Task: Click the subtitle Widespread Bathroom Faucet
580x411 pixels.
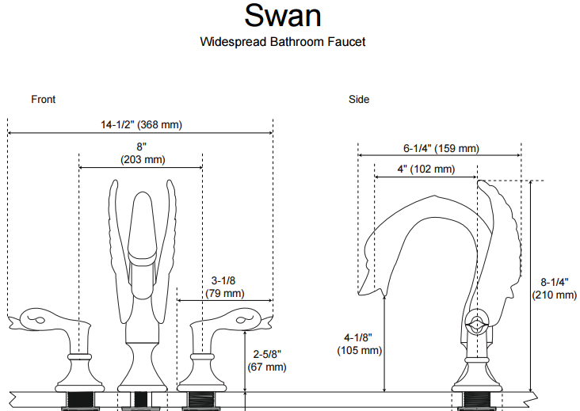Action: coord(282,41)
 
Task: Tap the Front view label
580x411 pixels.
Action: coord(43,99)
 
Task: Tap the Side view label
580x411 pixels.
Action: coord(359,99)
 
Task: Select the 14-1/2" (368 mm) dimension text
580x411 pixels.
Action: coord(141,124)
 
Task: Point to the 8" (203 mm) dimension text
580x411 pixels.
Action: coord(142,153)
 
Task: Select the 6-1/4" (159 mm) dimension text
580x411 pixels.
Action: coord(441,148)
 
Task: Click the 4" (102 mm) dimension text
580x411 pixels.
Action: coord(425,169)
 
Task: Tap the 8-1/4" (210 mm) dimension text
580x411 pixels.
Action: coord(554,288)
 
